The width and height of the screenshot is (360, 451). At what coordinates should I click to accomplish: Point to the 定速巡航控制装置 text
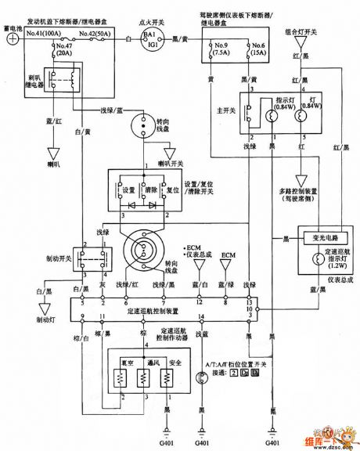coord(164,309)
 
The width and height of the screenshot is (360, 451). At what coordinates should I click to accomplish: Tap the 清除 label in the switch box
coord(150,188)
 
